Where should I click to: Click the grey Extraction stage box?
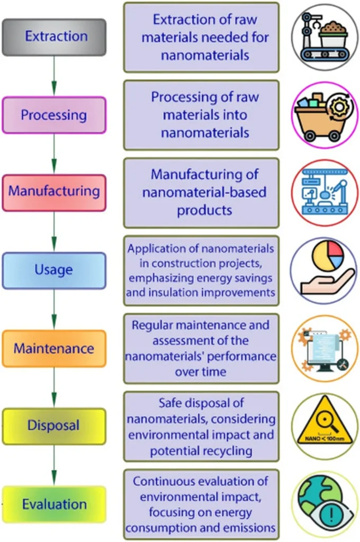tap(54, 37)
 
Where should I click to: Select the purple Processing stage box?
tap(54, 115)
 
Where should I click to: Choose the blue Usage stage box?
tap(54, 270)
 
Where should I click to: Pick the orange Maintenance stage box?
tap(54, 348)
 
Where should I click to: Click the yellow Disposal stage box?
tap(54, 426)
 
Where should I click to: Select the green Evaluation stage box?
tap(54, 504)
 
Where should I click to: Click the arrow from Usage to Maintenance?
tap(54, 309)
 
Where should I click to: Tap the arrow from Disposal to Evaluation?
tap(54, 465)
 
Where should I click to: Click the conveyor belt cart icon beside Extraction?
tap(325, 37)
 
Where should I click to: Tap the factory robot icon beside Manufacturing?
tap(325, 193)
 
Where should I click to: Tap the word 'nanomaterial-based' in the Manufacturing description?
tap(204, 192)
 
